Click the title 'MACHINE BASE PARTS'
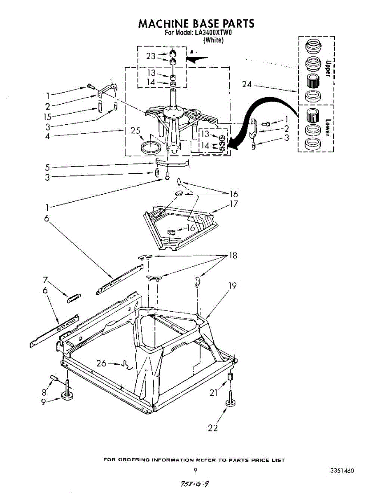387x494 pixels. [x=196, y=23]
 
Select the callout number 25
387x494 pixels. [x=136, y=131]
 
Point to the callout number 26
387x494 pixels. [x=102, y=363]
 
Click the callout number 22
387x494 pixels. [x=212, y=428]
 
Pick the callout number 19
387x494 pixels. [x=233, y=285]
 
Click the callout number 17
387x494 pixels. [x=233, y=204]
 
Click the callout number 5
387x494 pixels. [x=48, y=167]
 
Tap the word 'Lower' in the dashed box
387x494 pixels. [x=328, y=128]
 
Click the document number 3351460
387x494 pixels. [x=342, y=471]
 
